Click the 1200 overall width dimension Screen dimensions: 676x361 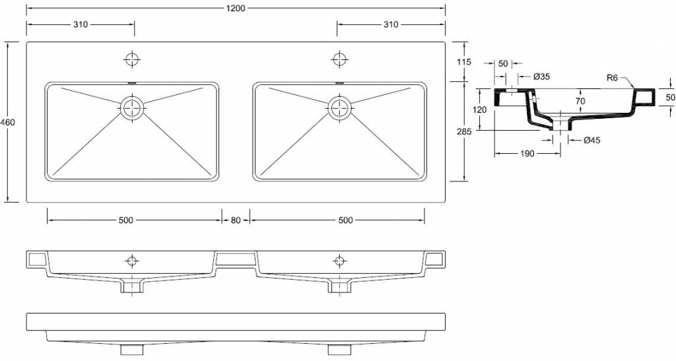click(x=235, y=9)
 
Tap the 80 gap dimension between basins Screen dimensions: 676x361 click(x=236, y=220)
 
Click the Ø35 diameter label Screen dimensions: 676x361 click(x=541, y=77)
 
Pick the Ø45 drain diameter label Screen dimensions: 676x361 click(x=591, y=140)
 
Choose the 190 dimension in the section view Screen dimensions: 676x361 click(x=526, y=153)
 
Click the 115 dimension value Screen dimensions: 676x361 click(x=464, y=62)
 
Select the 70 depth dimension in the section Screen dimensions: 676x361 click(x=580, y=102)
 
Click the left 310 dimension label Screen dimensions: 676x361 click(x=81, y=24)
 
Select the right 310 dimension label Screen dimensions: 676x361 click(x=390, y=24)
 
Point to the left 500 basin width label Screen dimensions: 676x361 click(x=126, y=220)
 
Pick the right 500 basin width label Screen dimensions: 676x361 click(x=345, y=220)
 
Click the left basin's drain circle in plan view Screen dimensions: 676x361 click(x=133, y=107)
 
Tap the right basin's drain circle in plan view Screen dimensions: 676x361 click(x=340, y=107)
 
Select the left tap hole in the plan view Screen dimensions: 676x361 click(x=133, y=59)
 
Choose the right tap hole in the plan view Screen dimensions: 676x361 click(x=340, y=59)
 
